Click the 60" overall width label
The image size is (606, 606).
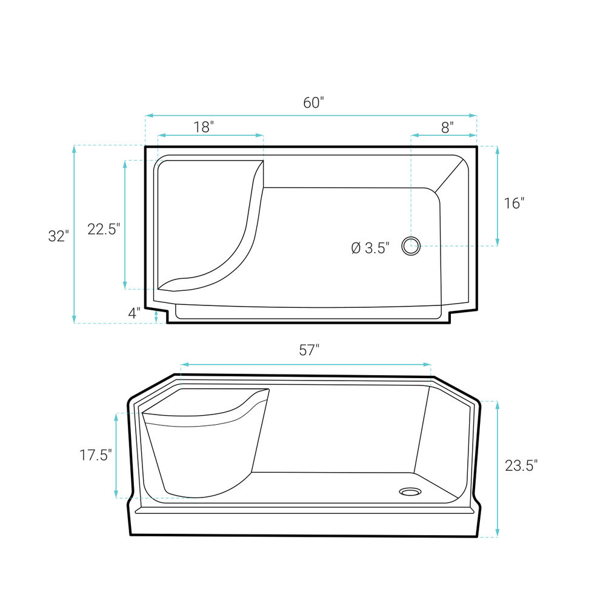(x=313, y=103)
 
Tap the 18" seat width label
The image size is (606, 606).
(x=204, y=127)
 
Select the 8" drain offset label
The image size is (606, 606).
(x=448, y=127)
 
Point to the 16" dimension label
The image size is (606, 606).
(x=514, y=203)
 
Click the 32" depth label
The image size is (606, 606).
(x=58, y=236)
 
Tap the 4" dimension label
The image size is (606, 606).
(x=134, y=313)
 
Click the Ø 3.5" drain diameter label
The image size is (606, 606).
(x=370, y=248)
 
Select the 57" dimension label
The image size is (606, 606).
(x=309, y=350)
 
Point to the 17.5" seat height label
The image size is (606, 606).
(x=96, y=455)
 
